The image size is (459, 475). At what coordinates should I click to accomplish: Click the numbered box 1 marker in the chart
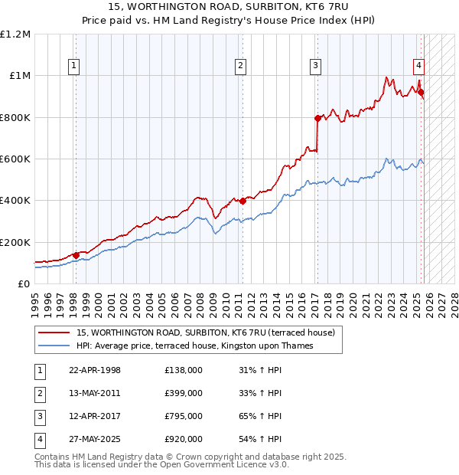click(x=74, y=66)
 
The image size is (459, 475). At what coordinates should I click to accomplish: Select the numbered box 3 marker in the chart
click(x=315, y=66)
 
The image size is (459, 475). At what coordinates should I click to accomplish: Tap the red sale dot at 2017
click(x=317, y=118)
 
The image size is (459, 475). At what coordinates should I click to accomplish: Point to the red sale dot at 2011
click(x=243, y=201)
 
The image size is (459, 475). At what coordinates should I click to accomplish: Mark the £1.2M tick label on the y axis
click(x=15, y=34)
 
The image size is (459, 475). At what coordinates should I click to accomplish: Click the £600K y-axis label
click(x=15, y=159)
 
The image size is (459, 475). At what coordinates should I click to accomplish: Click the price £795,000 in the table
click(x=184, y=416)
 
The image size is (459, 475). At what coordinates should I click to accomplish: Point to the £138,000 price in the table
click(x=184, y=370)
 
